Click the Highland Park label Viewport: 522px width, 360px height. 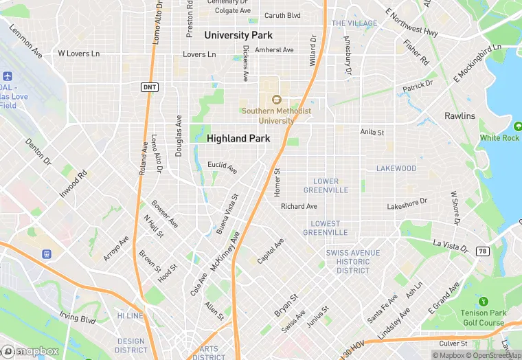238,138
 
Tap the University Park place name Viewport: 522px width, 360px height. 238,35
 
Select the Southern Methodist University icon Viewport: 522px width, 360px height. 276,100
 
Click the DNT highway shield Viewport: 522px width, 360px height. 149,87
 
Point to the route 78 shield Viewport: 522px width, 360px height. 482,251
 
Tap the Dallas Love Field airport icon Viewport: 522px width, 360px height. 8,76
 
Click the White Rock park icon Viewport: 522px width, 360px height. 517,126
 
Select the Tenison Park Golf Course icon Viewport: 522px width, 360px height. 483,301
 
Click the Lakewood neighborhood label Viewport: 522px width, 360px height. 396,168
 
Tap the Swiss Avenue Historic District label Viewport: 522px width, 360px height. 353,262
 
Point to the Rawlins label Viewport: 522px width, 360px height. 459,115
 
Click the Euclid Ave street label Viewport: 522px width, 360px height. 223,166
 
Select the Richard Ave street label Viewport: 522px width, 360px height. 299,206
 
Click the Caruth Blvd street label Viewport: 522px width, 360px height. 283,15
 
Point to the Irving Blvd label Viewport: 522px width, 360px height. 77,319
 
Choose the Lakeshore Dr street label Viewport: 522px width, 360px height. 407,204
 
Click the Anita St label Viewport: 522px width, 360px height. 372,131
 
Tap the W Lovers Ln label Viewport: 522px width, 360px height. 78,53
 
